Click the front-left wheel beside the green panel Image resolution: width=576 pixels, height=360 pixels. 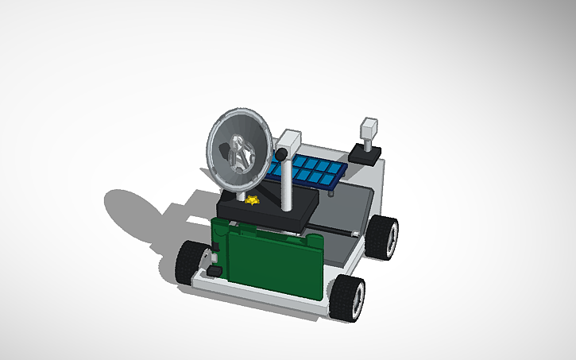(x=190, y=260)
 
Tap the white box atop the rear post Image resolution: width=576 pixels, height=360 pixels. (x=369, y=130)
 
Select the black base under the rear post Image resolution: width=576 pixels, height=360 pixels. (x=365, y=153)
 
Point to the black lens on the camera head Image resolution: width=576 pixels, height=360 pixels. (x=280, y=152)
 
